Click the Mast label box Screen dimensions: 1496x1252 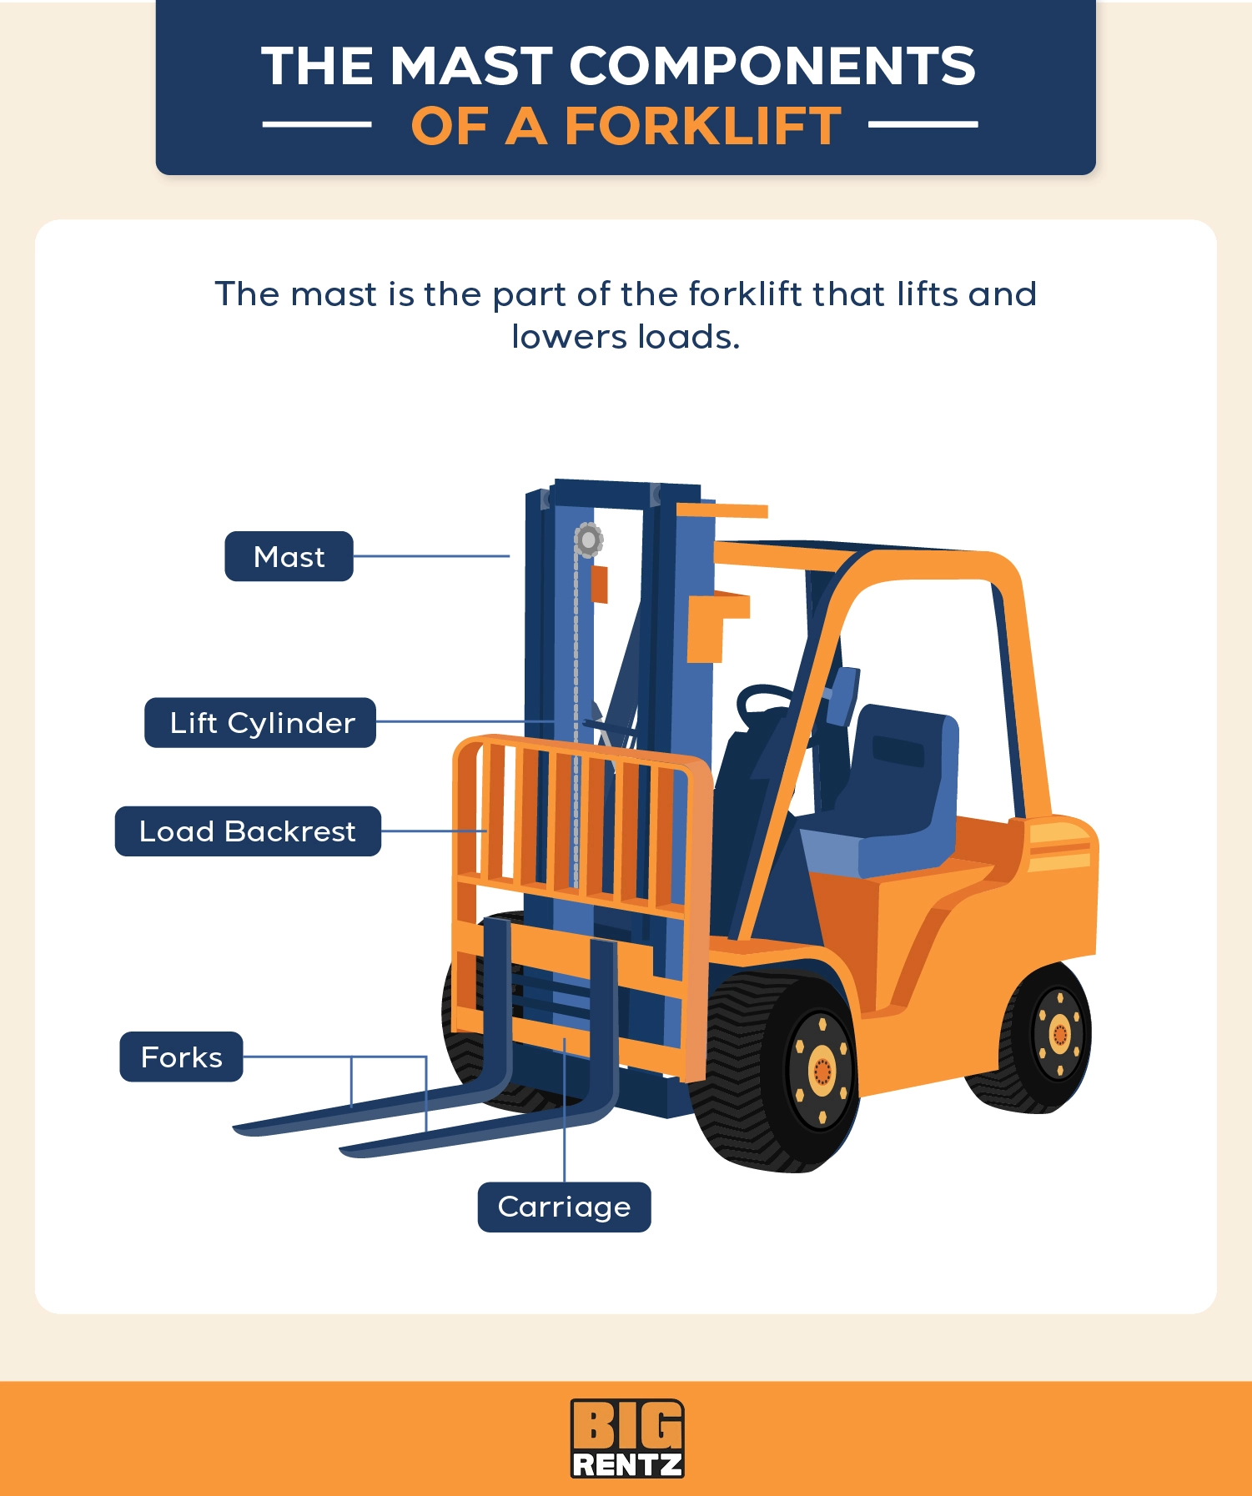tap(289, 556)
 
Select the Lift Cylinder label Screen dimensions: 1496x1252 tap(260, 723)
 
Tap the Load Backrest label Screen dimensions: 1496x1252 tap(248, 831)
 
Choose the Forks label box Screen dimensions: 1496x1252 tap(181, 1057)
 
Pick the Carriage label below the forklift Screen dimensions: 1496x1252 tap(564, 1207)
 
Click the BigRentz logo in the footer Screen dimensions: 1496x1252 tap(626, 1438)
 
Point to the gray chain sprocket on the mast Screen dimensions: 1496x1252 tap(588, 540)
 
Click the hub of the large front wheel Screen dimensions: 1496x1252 tap(822, 1070)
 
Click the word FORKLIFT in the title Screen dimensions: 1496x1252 tap(702, 127)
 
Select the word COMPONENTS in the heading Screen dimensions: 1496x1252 tap(772, 66)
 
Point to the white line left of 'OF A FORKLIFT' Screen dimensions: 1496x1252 tap(317, 125)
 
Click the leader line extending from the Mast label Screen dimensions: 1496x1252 tap(431, 556)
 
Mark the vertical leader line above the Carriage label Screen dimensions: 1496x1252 tap(565, 1109)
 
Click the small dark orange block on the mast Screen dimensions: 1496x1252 tap(599, 585)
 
